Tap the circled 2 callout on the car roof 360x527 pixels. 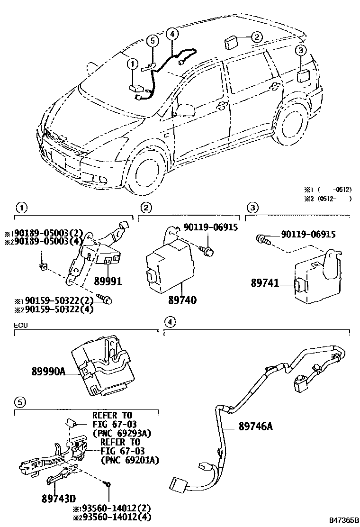point(256,37)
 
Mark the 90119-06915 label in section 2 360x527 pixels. point(212,228)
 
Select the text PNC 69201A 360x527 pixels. point(129,460)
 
